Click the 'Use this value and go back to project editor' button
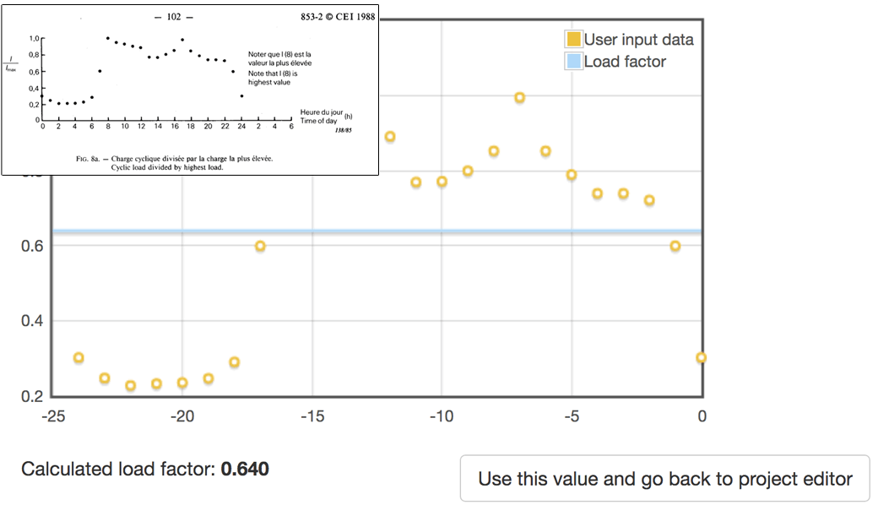[x=664, y=479]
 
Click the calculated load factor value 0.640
[x=245, y=469]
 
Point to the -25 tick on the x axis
[x=52, y=416]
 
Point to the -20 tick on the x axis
[x=182, y=416]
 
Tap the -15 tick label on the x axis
[x=312, y=416]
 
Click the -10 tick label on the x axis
[x=442, y=416]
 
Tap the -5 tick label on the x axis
[x=572, y=416]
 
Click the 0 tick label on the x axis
[x=702, y=416]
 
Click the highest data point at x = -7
[x=519, y=98]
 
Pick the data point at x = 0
[x=701, y=357]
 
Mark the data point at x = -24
[x=79, y=358]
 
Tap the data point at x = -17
[x=260, y=246]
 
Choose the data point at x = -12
[x=390, y=137]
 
